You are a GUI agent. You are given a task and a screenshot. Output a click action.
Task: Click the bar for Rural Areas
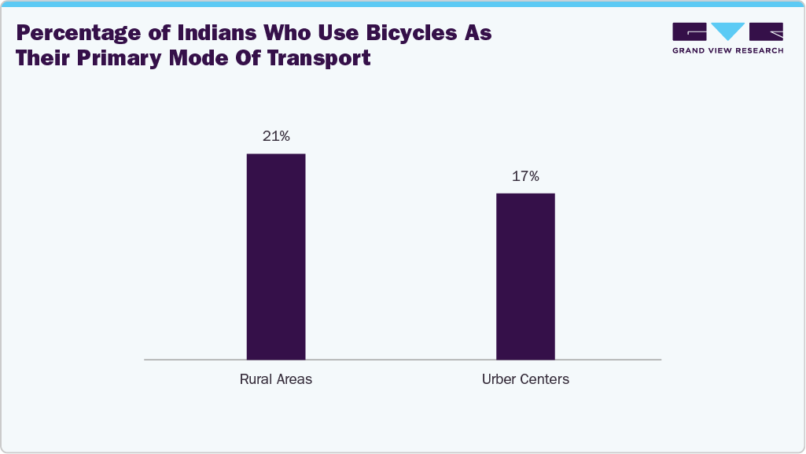[x=276, y=257]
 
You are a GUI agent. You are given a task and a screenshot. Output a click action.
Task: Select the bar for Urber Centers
[x=525, y=276]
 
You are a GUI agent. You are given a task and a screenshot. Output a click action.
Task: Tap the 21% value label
[x=276, y=137]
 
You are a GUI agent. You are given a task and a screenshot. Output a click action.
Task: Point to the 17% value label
[x=525, y=176]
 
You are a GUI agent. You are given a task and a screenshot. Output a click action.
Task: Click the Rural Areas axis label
[x=276, y=379]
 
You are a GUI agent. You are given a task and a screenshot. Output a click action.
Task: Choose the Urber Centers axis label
[x=525, y=379]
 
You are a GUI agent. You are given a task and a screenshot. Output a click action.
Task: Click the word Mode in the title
[x=201, y=58]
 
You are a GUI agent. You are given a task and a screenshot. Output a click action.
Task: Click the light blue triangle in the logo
[x=727, y=31]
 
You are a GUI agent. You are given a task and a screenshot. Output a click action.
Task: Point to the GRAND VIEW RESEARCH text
[x=727, y=50]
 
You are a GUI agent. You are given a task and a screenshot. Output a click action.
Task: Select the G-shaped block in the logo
[x=690, y=31]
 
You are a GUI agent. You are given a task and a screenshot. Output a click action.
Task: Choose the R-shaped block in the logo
[x=766, y=31]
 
